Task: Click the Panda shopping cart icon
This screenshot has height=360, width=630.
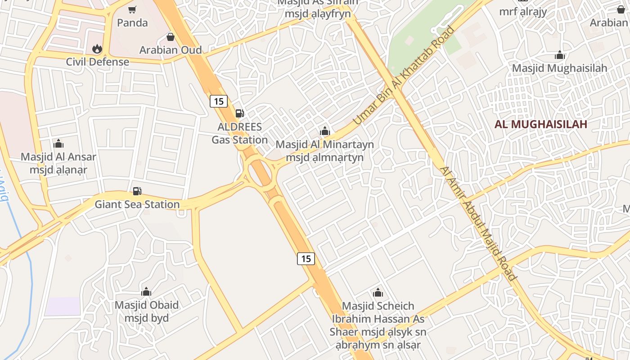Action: point(132,9)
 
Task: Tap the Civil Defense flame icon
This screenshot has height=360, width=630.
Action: point(97,49)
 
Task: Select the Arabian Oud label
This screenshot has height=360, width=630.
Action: point(171,49)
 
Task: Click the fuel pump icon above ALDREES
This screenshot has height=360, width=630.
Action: point(240,113)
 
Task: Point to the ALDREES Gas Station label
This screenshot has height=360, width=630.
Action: point(240,133)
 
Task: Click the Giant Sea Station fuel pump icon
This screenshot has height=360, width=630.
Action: point(137,191)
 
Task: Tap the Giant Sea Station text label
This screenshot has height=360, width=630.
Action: point(137,204)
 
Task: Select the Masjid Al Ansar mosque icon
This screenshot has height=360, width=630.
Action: point(58,144)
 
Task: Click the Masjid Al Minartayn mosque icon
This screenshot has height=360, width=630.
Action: point(324,131)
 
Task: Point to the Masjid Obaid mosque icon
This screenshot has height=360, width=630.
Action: point(146,292)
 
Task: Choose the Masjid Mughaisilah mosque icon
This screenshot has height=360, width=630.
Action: point(560,55)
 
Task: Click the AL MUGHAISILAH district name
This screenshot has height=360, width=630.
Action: point(541,124)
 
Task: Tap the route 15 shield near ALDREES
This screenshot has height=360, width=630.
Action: point(219,101)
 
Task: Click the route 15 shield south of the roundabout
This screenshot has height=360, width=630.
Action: point(306,259)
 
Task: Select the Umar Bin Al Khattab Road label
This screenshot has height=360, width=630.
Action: point(404,76)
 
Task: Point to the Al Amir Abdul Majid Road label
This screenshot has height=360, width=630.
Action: point(477,224)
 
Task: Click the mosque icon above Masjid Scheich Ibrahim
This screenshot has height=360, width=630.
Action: point(378,293)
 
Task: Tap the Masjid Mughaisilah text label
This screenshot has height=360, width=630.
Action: point(560,68)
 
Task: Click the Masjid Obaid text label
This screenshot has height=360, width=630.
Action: point(147,311)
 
